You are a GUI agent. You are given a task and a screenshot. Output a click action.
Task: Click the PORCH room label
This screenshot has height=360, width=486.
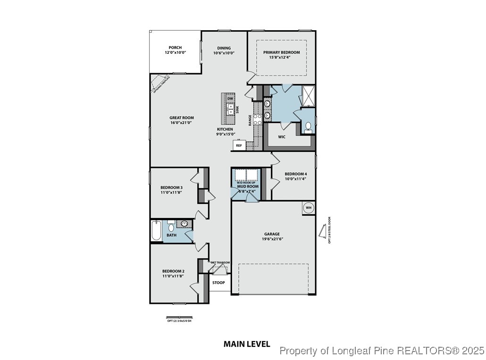click(x=175, y=48)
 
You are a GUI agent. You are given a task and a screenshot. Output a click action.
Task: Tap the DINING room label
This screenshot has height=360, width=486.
click(x=224, y=48)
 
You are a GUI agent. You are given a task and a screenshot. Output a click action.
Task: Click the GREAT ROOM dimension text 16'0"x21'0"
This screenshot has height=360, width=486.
click(x=182, y=123)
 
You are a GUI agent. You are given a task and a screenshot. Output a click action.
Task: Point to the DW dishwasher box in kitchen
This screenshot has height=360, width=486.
click(x=230, y=98)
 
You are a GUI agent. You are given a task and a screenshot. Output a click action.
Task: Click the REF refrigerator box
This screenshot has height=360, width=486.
click(x=239, y=146)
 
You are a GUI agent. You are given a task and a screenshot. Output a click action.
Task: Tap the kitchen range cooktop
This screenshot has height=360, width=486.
click(x=258, y=119)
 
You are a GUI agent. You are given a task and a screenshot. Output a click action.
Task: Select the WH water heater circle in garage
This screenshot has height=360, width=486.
click(x=309, y=208)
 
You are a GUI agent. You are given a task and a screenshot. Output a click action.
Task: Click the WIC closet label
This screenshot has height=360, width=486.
click(x=282, y=137)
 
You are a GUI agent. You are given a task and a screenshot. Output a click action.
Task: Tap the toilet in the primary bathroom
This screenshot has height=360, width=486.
click(x=308, y=126)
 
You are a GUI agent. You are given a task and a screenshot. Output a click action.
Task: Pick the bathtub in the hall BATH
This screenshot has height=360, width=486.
click(x=156, y=231)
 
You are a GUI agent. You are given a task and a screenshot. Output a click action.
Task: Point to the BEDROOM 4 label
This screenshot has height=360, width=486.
click(x=295, y=174)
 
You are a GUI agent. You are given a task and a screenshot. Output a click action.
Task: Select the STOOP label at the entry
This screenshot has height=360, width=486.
click(x=218, y=283)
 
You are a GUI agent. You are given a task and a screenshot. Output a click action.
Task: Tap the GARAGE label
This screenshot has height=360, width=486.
click(x=272, y=234)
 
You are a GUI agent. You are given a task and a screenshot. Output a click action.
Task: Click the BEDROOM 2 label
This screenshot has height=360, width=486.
click(x=173, y=271)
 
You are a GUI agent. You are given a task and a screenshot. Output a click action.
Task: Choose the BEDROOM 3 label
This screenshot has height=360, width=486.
click(x=171, y=187)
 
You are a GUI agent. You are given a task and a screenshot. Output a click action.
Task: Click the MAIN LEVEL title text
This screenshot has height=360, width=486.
click(x=246, y=344)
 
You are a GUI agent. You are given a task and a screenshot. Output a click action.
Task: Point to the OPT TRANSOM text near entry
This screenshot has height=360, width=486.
click(x=220, y=263)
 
